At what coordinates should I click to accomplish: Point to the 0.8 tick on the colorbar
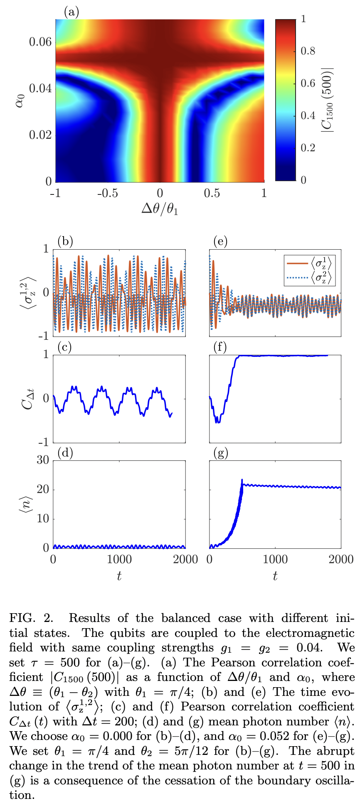point(308,51)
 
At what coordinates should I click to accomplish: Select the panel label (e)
point(220,241)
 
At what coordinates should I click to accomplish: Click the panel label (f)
point(220,347)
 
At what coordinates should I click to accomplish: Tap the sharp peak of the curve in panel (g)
point(242,480)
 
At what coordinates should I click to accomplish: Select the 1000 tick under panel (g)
point(275,559)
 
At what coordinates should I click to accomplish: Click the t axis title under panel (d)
point(119,576)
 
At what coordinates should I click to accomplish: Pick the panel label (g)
point(221,452)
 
